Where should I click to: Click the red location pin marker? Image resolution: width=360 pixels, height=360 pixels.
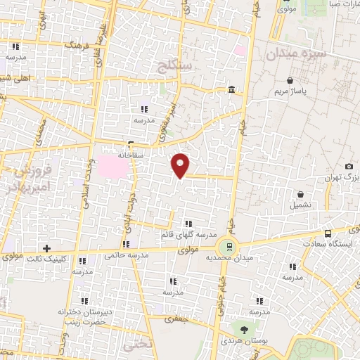pos(181,165)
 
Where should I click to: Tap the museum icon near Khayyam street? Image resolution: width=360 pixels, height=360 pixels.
pos(232,89)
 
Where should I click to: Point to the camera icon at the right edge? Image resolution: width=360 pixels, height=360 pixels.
pos(349,166)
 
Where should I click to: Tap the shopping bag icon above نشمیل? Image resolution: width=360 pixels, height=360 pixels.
pos(301,194)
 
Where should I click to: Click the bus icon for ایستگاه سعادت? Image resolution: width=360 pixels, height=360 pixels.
pos(328,233)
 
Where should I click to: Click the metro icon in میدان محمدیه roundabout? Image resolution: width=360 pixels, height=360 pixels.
pos(226,246)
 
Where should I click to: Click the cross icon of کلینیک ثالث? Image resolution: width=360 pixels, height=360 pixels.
pos(46,248)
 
